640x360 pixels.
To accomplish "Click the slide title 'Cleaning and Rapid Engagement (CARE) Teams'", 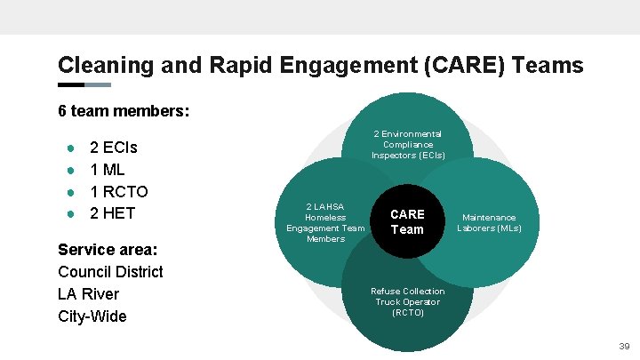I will pyautogui.click(x=320, y=65).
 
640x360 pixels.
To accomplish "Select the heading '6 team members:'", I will pyautogui.click(x=124, y=112).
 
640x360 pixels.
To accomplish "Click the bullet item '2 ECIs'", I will pyautogui.click(x=114, y=148).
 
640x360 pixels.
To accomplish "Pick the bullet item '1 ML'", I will pyautogui.click(x=108, y=169).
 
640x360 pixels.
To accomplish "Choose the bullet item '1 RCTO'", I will pyautogui.click(x=119, y=191).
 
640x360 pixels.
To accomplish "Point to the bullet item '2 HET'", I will pyautogui.click(x=113, y=213).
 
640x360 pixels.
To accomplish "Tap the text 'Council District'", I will pyautogui.click(x=110, y=271).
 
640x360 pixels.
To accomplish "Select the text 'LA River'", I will pyautogui.click(x=88, y=293).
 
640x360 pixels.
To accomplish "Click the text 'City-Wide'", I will pyautogui.click(x=92, y=316).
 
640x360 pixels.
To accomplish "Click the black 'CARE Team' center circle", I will pyautogui.click(x=407, y=221).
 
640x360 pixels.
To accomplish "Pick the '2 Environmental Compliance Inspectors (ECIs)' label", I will pyautogui.click(x=408, y=144).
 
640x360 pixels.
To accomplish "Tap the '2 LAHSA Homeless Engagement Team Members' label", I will pyautogui.click(x=325, y=222).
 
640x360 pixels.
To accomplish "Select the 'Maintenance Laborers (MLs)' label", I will pyautogui.click(x=489, y=222).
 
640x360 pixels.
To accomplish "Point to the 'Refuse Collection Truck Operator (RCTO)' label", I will pyautogui.click(x=408, y=301).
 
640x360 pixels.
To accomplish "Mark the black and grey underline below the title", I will pyautogui.click(x=84, y=85).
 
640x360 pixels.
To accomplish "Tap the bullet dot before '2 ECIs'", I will pyautogui.click(x=70, y=148).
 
